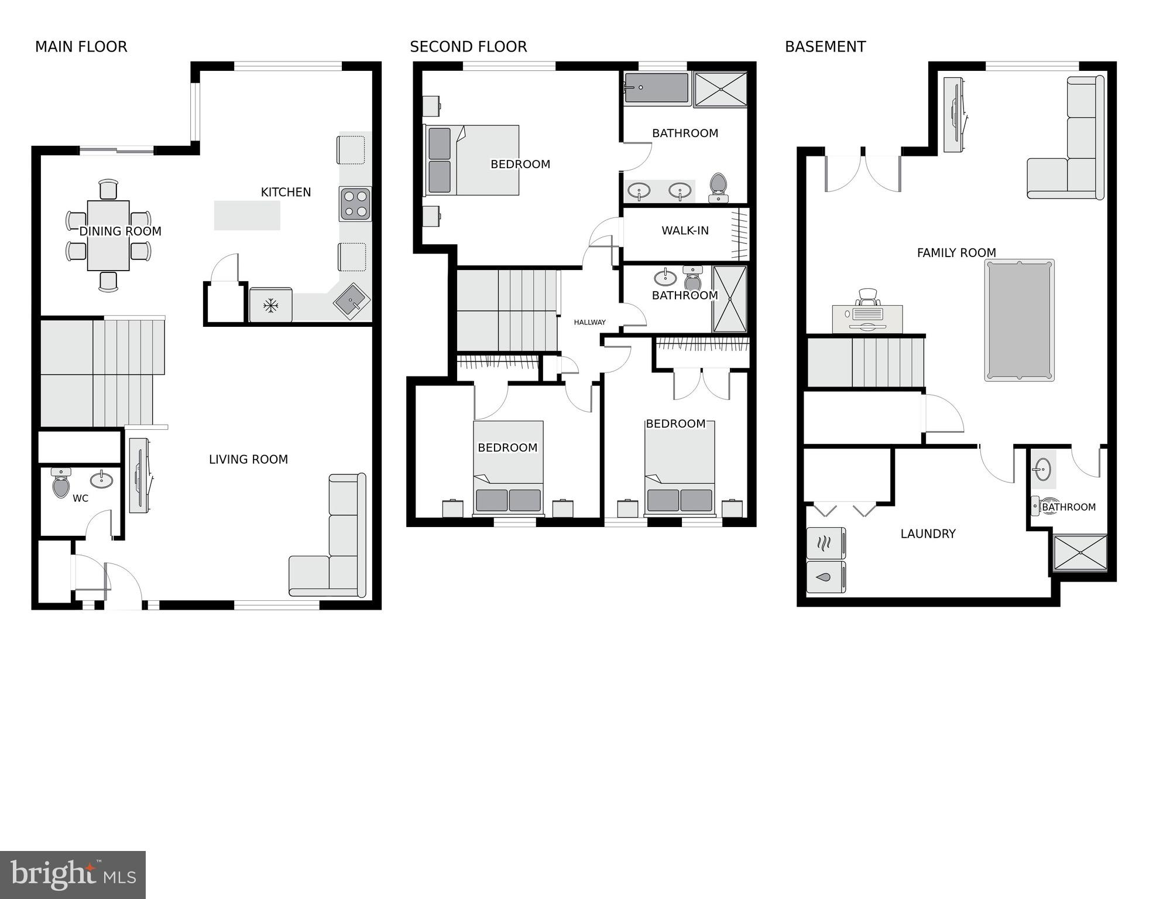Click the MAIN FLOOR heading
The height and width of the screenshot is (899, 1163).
point(81,47)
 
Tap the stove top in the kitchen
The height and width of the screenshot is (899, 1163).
point(355,204)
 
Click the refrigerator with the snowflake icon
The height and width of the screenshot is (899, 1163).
point(270,305)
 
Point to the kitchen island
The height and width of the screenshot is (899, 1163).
point(247,215)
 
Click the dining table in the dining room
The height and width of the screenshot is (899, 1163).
point(108,235)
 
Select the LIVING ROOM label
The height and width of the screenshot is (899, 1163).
point(248,460)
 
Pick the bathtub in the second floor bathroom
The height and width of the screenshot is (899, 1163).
point(657,88)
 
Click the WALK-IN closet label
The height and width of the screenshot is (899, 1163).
point(685,231)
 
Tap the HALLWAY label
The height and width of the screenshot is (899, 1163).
point(589,322)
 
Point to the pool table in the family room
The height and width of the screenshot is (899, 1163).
point(1019,320)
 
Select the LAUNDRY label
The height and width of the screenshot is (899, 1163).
point(928,534)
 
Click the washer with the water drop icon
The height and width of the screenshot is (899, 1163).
point(825,577)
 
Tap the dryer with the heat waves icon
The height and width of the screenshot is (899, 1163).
point(825,543)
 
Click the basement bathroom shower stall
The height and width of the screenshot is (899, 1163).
point(1080,552)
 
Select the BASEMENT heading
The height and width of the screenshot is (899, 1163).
point(825,47)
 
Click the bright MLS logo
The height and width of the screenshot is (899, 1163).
point(73,875)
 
